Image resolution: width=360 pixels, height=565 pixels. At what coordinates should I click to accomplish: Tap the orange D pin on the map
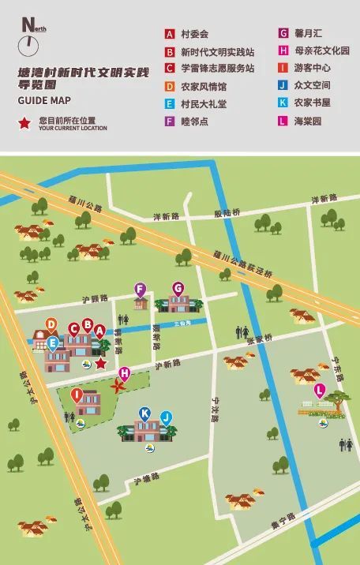51,324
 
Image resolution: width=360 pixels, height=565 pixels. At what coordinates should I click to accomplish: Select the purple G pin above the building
178,288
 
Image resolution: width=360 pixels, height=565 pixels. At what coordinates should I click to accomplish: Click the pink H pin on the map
124,373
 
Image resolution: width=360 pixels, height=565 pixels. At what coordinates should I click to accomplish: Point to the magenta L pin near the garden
320,390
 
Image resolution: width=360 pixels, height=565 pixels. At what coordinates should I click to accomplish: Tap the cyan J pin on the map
166,417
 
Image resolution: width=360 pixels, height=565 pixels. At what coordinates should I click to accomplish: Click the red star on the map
100,363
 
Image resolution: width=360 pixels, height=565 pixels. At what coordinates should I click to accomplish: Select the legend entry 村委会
194,34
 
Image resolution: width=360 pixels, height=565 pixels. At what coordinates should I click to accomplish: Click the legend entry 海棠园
307,121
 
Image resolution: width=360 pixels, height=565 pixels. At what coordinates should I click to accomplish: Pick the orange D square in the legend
169,86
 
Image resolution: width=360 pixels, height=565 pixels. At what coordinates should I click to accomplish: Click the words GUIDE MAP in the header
44,100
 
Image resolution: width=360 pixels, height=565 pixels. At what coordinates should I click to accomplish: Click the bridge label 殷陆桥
227,213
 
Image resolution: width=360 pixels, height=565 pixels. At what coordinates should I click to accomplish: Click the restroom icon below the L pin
345,445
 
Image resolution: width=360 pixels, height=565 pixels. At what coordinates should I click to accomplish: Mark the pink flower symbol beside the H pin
118,387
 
